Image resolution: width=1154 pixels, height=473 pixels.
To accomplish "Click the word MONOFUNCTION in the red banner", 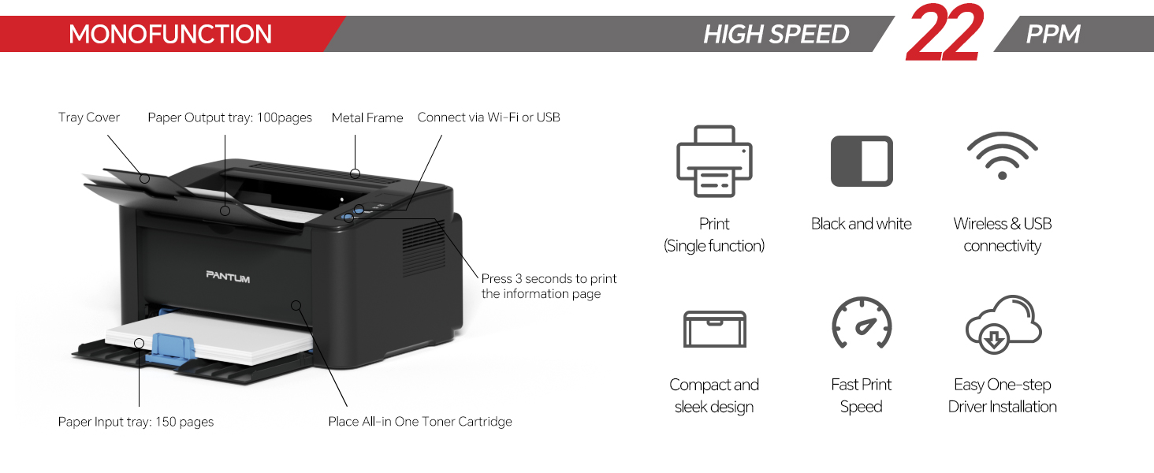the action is (x=170, y=35).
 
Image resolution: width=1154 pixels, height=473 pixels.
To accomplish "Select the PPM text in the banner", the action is (x=1052, y=35).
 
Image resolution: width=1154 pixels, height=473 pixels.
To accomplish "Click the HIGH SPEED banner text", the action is (x=776, y=35).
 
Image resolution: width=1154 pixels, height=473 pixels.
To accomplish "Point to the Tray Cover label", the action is (x=89, y=117).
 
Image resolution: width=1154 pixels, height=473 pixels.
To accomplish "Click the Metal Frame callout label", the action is (x=367, y=117).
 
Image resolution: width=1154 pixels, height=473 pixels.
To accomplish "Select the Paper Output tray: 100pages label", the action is (x=229, y=117).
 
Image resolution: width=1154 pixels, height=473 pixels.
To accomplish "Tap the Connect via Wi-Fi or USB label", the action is (x=489, y=117).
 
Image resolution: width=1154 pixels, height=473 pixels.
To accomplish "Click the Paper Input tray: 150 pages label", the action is (x=136, y=422).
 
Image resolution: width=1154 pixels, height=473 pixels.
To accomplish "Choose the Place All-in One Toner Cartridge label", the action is (x=420, y=422).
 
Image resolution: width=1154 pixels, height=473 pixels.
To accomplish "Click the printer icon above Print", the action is (x=714, y=161).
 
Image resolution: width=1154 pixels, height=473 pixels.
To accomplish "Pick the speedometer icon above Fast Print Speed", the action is (x=862, y=322).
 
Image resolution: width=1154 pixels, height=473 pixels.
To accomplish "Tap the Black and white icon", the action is (x=862, y=161).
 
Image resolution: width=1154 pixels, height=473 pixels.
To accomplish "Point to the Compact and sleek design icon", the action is (x=714, y=329).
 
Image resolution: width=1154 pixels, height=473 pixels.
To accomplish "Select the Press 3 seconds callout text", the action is (x=549, y=286).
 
